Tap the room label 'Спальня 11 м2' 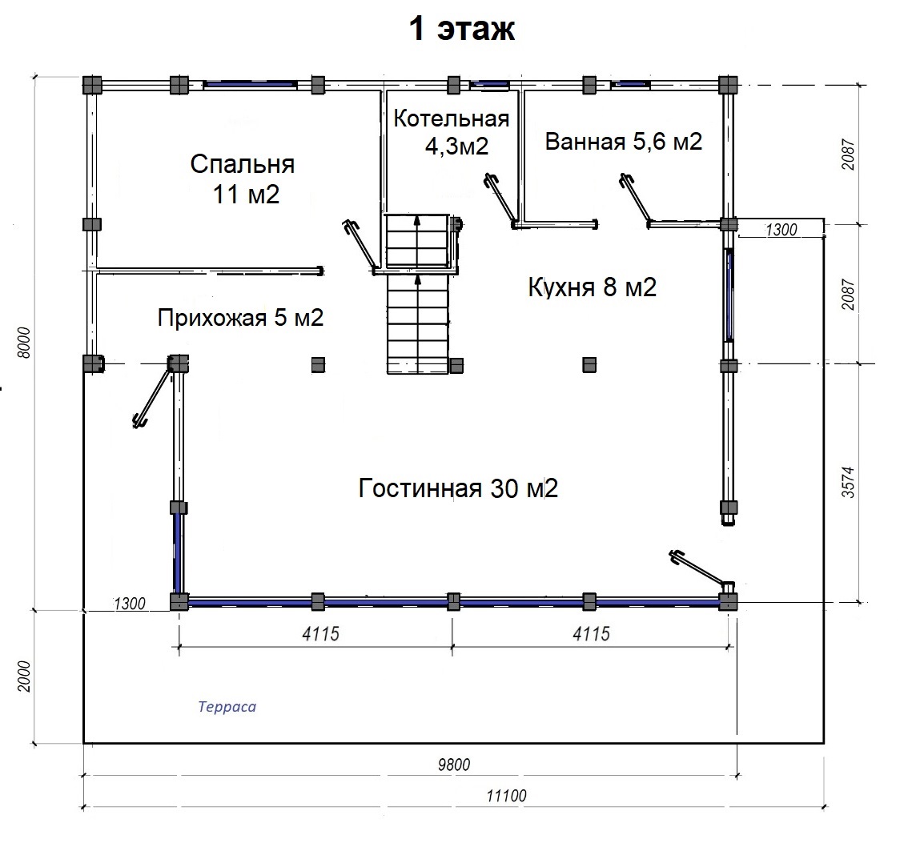point(243,179)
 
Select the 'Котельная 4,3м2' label point(452,133)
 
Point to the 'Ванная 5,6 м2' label point(623,141)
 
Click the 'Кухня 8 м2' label point(593,287)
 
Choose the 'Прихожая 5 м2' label point(240,317)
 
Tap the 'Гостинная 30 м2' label point(458,488)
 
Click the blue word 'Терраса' point(227,706)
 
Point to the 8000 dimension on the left point(23,343)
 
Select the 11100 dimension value point(506,796)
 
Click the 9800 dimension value point(454,765)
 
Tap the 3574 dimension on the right point(848,482)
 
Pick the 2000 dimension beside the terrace point(23,676)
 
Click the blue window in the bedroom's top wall point(251,84)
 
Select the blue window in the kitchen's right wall point(729,295)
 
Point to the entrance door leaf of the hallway point(152,397)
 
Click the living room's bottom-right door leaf point(697,566)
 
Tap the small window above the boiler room point(489,84)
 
